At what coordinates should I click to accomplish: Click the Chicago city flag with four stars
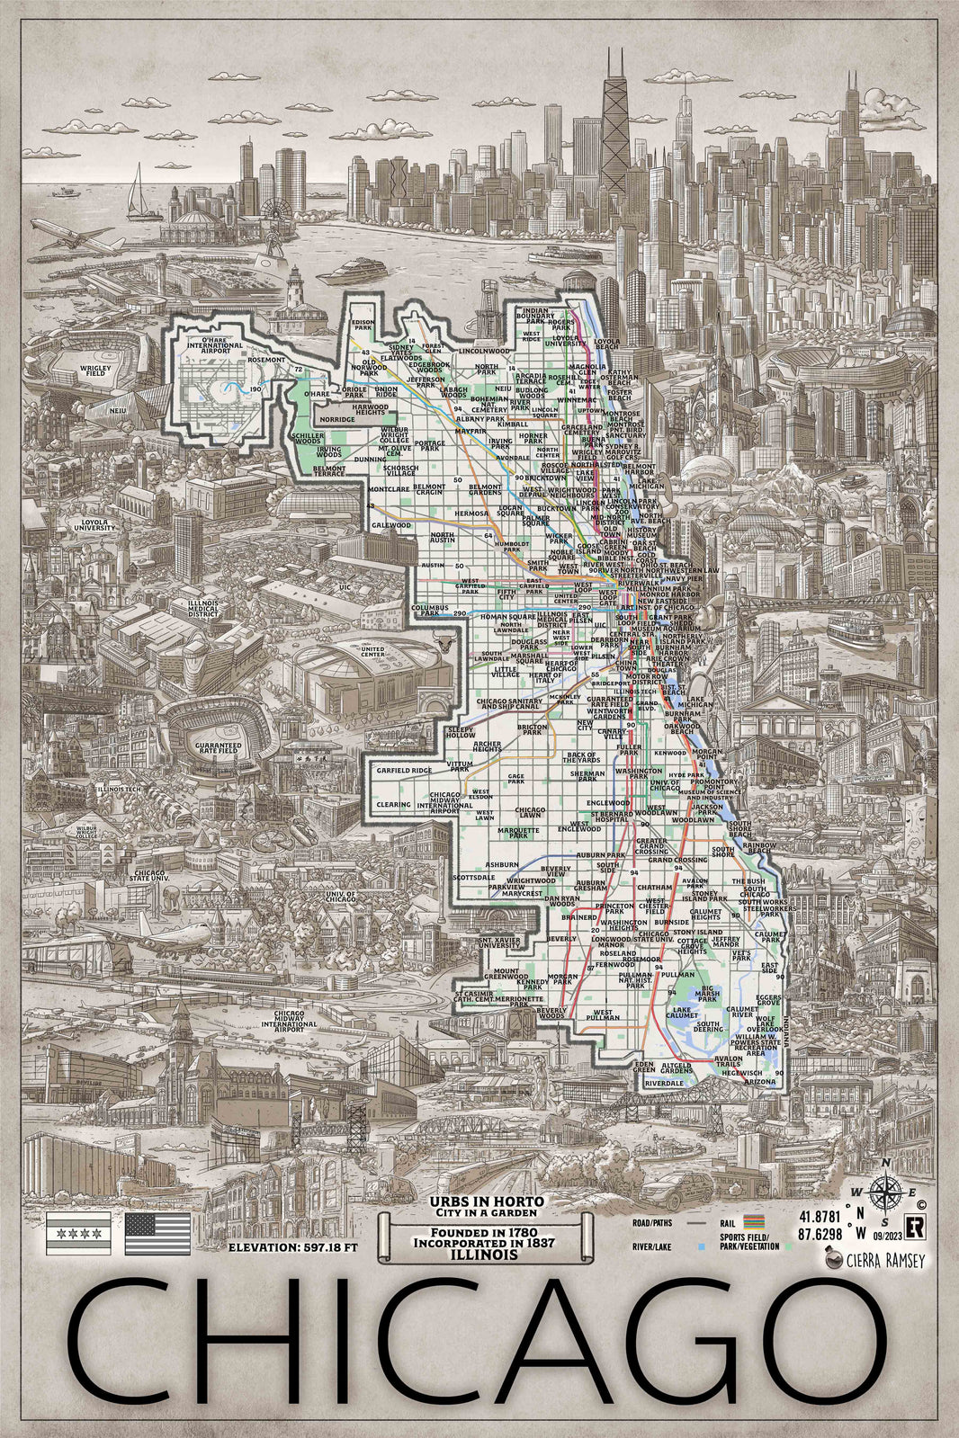click(x=79, y=1234)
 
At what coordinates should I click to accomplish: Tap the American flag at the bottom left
click(x=157, y=1234)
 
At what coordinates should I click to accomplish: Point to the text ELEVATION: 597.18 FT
click(x=293, y=1248)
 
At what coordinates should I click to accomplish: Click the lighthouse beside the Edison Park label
click(x=294, y=290)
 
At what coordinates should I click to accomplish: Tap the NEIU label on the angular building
click(x=117, y=410)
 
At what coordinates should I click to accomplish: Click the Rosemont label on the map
click(x=265, y=361)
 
